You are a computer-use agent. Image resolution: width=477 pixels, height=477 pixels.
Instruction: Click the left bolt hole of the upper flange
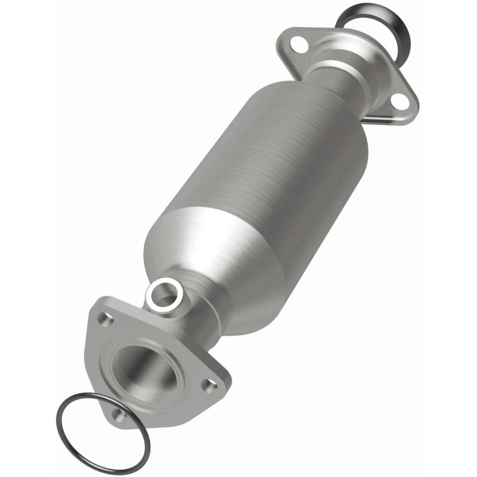pos(300,45)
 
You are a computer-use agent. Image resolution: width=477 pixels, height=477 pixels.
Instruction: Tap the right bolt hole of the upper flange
pos(400,103)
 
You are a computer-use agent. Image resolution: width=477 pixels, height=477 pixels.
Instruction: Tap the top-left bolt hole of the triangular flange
pos(106,320)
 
